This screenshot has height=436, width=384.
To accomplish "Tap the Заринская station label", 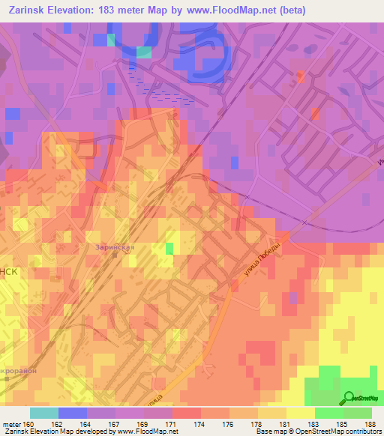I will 114,246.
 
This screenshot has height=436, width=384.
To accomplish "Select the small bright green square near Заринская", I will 169,248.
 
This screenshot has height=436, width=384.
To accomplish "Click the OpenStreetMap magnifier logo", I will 349,398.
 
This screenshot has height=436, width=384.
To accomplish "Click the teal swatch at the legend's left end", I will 43,413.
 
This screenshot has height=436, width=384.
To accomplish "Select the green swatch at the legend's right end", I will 357,413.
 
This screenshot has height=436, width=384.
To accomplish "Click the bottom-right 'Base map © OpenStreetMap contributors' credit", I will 317,432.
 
